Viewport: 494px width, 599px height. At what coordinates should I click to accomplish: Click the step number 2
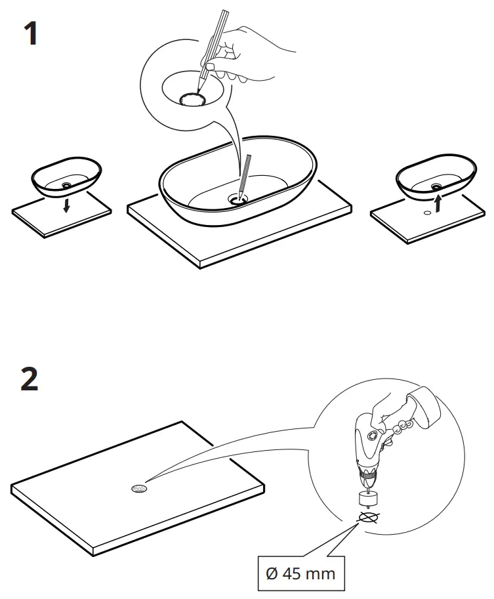[30, 380]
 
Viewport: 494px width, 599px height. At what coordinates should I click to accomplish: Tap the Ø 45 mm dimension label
[301, 573]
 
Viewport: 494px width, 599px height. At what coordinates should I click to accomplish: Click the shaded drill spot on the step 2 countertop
[140, 489]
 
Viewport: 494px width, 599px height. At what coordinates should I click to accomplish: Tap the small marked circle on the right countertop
[427, 212]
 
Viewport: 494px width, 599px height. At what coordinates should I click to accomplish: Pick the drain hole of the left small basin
[67, 186]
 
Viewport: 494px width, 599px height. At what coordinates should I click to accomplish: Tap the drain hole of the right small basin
[436, 186]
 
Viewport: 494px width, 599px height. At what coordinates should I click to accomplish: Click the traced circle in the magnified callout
[193, 99]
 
